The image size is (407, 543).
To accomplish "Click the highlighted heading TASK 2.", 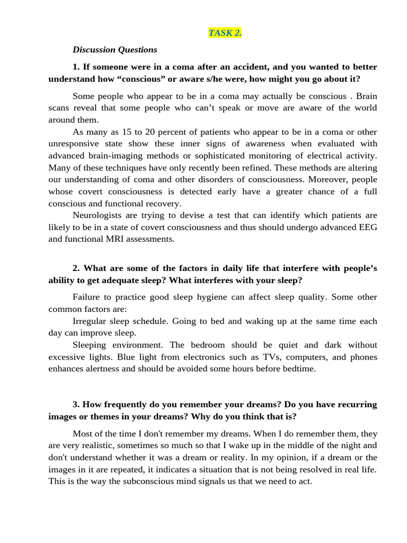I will [x=225, y=33].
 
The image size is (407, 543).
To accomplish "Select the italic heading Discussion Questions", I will [x=115, y=50].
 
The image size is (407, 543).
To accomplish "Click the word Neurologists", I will [x=97, y=215].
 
